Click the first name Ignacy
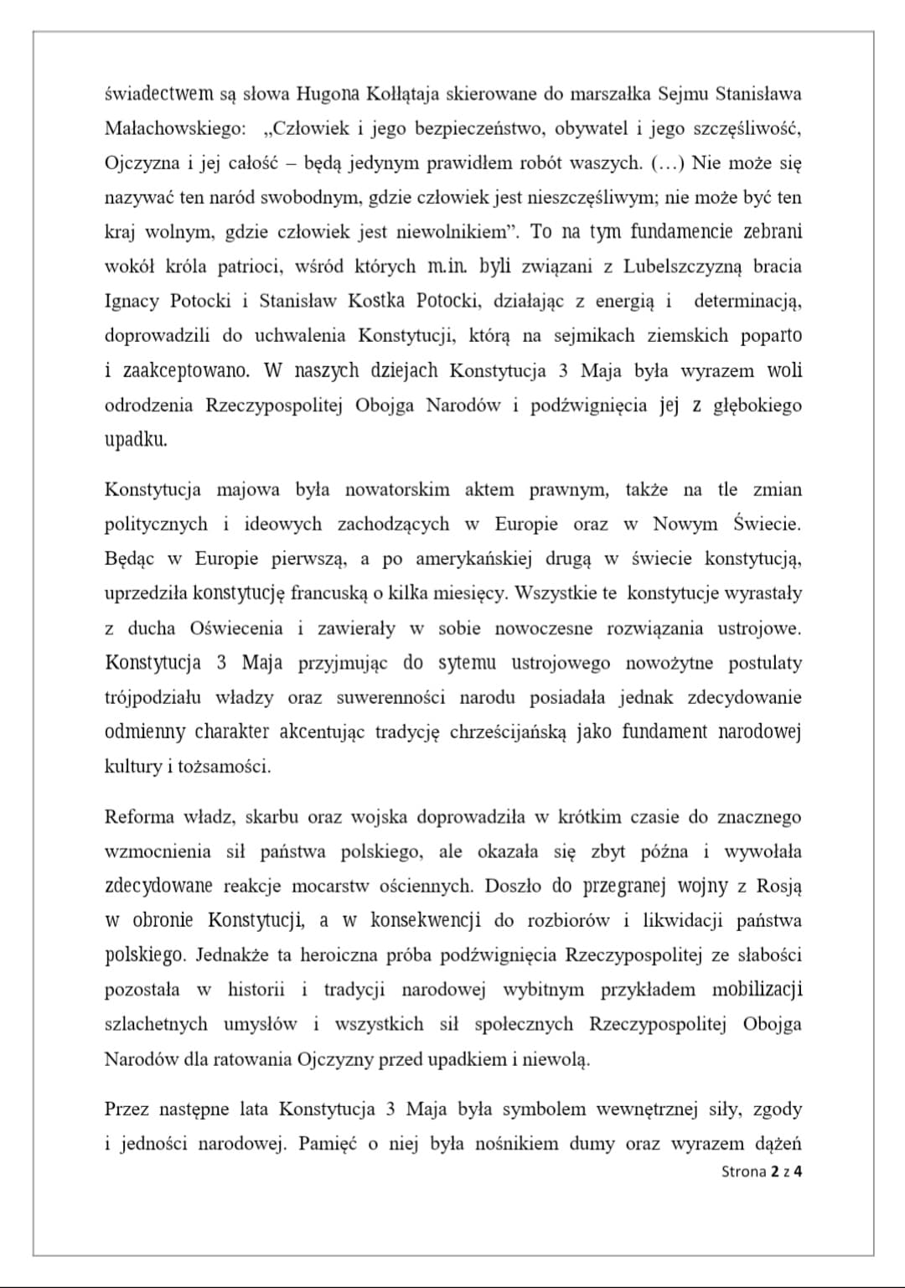[x=132, y=301]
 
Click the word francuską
[x=328, y=593]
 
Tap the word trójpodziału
[x=153, y=697]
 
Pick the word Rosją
[x=778, y=886]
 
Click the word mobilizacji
[x=757, y=990]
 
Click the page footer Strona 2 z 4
[x=761, y=1172]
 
